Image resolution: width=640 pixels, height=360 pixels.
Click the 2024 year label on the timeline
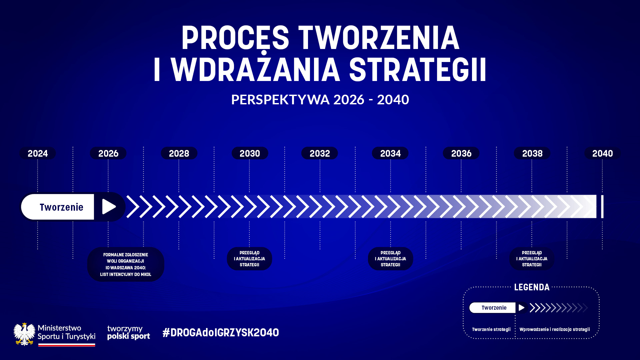pos(38,153)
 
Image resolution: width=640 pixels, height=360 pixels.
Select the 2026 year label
pos(108,153)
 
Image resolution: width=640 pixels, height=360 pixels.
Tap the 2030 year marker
pos(250,153)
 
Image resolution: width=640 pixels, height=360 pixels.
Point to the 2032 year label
pos(320,153)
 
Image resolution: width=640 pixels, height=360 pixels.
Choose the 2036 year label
pos(461,153)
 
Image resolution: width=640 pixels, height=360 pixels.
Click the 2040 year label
pos(602,153)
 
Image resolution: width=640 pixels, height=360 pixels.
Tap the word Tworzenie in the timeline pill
pos(62,207)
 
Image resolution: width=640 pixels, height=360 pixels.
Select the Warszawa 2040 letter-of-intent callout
pos(126,264)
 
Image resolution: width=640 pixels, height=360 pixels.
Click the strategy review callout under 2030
pos(249,259)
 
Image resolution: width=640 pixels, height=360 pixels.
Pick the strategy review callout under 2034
pos(390,259)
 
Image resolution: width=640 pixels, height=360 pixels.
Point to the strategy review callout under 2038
pos(532,259)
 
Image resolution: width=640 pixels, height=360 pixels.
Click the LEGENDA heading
pos(532,287)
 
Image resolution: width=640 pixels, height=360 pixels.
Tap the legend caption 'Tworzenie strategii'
pos(491,329)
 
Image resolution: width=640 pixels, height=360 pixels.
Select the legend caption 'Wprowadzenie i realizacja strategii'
pos(555,329)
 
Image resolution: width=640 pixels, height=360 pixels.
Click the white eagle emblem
pos(24,334)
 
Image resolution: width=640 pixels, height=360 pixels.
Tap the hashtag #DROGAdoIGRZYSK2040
pos(221,333)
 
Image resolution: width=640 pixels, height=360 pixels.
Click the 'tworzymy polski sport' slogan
pos(129,333)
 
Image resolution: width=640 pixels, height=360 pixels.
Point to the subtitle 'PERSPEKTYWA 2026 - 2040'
pos(320,100)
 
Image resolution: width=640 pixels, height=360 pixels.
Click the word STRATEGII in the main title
pos(418,70)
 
